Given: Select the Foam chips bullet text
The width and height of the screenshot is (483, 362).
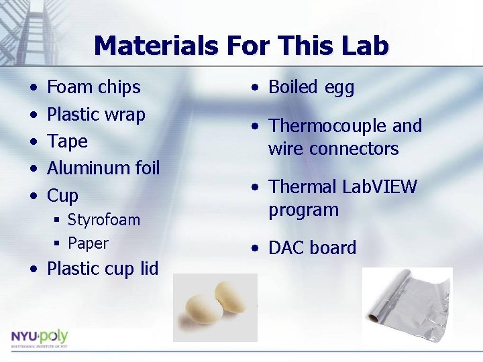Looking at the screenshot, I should [93, 87].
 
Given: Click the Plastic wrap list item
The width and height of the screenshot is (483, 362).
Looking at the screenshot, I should [96, 115].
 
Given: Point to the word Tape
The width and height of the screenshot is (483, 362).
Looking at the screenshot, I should [67, 141].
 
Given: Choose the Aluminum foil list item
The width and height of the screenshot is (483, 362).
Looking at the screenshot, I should [103, 168].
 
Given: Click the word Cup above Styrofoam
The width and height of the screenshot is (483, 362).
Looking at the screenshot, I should [62, 196].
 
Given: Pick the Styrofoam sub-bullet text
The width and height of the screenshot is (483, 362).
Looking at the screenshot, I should [104, 220].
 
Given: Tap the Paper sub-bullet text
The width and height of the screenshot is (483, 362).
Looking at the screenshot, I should [88, 243].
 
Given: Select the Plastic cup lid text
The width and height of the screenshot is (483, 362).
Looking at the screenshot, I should [102, 269].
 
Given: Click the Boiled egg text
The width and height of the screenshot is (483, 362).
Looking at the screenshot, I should [311, 87].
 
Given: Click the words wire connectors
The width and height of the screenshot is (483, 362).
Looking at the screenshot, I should [333, 148].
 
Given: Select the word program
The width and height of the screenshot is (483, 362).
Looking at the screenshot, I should [303, 210].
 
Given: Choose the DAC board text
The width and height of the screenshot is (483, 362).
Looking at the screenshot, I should [312, 248].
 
